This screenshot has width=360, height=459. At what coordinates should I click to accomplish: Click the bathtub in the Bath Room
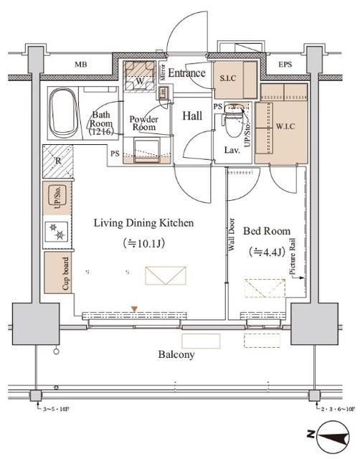(65, 113)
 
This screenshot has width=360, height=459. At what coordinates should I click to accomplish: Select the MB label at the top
(82, 65)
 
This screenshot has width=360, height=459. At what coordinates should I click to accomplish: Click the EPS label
(285, 65)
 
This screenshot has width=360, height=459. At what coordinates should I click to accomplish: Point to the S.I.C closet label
(229, 78)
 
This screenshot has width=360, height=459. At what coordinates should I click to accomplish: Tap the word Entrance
(187, 73)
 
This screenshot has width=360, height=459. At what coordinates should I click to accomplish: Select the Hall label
(191, 115)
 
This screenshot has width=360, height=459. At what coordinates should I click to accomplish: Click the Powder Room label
(143, 124)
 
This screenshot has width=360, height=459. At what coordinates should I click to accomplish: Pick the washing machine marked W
(140, 80)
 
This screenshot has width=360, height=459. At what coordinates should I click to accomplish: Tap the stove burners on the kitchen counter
(57, 231)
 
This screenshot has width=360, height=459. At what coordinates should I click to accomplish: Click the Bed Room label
(267, 231)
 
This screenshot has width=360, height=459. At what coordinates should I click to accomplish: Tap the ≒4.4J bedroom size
(266, 252)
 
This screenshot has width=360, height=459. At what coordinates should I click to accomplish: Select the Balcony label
(176, 354)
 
